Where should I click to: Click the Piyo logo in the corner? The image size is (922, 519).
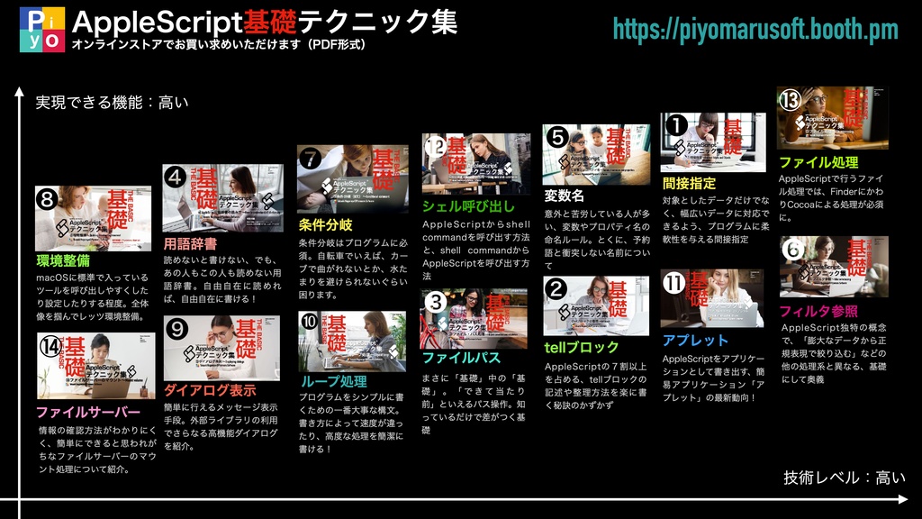click(x=41, y=29)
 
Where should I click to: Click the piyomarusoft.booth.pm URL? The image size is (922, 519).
click(x=755, y=30)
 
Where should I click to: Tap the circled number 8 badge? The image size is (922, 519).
click(x=48, y=197)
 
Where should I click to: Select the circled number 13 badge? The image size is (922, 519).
click(x=790, y=100)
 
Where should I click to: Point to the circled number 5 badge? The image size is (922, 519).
click(x=556, y=137)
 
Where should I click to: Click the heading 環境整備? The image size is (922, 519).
click(x=62, y=261)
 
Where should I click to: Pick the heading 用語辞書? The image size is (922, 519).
click(x=190, y=243)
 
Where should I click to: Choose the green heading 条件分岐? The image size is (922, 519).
click(x=325, y=224)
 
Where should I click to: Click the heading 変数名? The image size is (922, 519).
click(x=565, y=196)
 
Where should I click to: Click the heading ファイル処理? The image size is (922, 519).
click(x=818, y=162)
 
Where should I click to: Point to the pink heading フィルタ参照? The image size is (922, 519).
click(x=818, y=312)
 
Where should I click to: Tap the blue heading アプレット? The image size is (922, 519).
click(x=695, y=340)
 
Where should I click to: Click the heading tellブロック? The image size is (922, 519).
click(x=582, y=347)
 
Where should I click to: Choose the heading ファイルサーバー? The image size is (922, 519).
click(x=88, y=413)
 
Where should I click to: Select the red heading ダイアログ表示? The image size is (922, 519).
click(x=210, y=390)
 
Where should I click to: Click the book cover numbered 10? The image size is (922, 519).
click(x=352, y=341)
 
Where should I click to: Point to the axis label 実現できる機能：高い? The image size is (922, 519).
click(x=112, y=103)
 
